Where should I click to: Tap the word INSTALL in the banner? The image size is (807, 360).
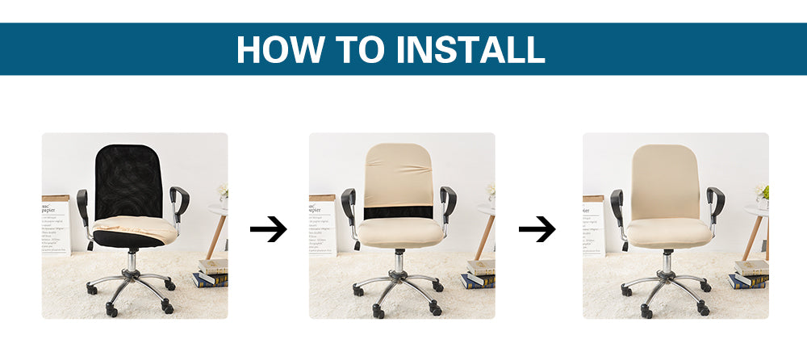(470, 49)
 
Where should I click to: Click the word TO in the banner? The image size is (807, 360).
(361, 49)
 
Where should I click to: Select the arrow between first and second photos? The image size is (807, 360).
(268, 230)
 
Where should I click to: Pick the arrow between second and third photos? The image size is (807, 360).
(537, 230)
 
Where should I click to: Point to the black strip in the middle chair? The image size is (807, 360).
(401, 215)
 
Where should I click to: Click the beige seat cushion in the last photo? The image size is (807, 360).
(669, 233)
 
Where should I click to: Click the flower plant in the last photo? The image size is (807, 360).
(760, 193)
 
